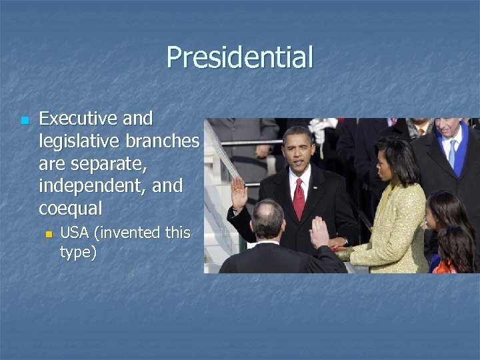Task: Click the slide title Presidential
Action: click(x=239, y=57)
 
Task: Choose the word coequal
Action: click(x=70, y=209)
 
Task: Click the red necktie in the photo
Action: click(x=299, y=199)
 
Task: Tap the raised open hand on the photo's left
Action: click(x=239, y=193)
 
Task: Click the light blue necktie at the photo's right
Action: click(x=453, y=153)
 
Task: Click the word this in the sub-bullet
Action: click(x=177, y=233)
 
